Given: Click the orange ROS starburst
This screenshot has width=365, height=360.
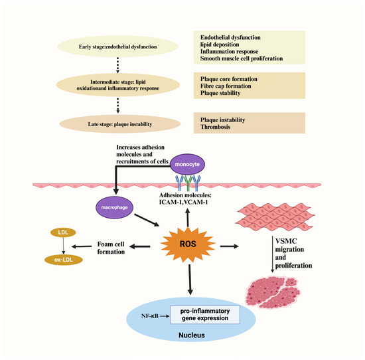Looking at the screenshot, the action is pyautogui.click(x=188, y=244).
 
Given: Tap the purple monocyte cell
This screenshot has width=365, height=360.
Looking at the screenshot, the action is pyautogui.click(x=187, y=164).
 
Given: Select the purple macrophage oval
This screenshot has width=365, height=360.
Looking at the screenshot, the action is pyautogui.click(x=114, y=207).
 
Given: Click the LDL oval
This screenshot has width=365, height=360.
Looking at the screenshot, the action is pyautogui.click(x=63, y=232).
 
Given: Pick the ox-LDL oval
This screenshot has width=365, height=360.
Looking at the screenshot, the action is pyautogui.click(x=64, y=260).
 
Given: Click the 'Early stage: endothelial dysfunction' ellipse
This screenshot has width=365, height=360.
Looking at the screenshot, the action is pyautogui.click(x=117, y=46).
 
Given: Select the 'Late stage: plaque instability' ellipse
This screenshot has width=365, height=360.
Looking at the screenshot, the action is pyautogui.click(x=120, y=124).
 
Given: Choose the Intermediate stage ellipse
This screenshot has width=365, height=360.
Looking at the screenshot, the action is pyautogui.click(x=118, y=85).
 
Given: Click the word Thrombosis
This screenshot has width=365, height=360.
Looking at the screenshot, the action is pyautogui.click(x=215, y=127).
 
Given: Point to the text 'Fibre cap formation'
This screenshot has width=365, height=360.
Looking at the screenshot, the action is pyautogui.click(x=226, y=86).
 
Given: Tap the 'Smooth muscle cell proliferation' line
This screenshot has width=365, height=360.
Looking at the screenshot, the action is pyautogui.click(x=242, y=58).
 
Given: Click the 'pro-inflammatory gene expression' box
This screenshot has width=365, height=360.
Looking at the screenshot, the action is pyautogui.click(x=205, y=315).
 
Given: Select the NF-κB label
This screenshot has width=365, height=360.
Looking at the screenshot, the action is pyautogui.click(x=150, y=316).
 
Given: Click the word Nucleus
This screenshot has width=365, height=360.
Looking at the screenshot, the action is pyautogui.click(x=192, y=335).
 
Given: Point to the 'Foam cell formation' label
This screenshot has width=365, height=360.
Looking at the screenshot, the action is pyautogui.click(x=111, y=248).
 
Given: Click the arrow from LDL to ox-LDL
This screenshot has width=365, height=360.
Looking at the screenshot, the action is pyautogui.click(x=63, y=246).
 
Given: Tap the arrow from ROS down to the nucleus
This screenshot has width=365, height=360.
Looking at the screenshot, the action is pyautogui.click(x=190, y=280).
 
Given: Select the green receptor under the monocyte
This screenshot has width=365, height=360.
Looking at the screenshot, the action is pyautogui.click(x=188, y=183).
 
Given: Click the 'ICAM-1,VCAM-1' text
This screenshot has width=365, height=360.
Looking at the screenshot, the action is pyautogui.click(x=183, y=202).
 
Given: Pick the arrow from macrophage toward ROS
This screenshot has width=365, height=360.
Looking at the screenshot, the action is pyautogui.click(x=147, y=220).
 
